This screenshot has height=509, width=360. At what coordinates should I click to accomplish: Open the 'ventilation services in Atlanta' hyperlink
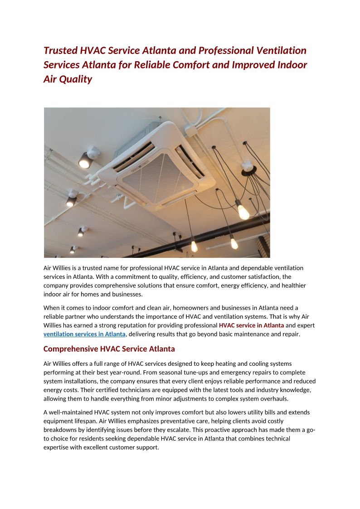[84, 334]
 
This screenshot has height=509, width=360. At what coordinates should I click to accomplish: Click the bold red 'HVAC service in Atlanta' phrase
[251, 325]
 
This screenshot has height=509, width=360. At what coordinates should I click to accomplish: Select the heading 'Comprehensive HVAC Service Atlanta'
[109, 349]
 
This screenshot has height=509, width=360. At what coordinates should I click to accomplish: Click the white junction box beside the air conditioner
[190, 130]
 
